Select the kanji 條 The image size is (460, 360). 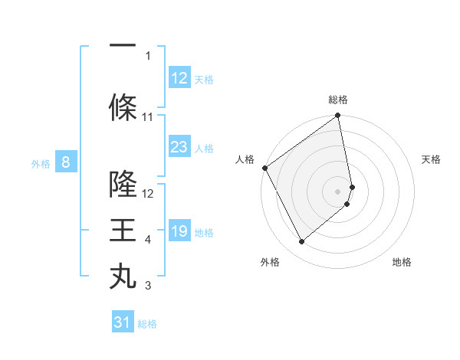(x=123, y=106)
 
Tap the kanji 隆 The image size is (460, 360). (x=123, y=184)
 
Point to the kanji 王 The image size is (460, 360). (x=123, y=231)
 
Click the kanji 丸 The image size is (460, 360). (x=123, y=277)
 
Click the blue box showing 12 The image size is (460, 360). (x=179, y=78)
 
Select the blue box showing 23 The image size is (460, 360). (x=179, y=147)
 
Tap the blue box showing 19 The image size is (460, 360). (x=179, y=231)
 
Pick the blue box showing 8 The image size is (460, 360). (x=66, y=162)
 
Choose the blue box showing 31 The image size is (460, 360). (x=123, y=322)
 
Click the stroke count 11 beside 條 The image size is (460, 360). (x=148, y=117)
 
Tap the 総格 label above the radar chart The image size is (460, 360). (x=338, y=100)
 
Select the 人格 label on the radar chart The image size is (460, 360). (x=245, y=159)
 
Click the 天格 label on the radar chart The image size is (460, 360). (x=431, y=159)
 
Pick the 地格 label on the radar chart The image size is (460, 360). (x=402, y=263)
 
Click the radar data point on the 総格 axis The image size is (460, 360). (x=338, y=116)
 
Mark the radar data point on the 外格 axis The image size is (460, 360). (x=301, y=242)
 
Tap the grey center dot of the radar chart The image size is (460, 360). (x=338, y=191)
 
